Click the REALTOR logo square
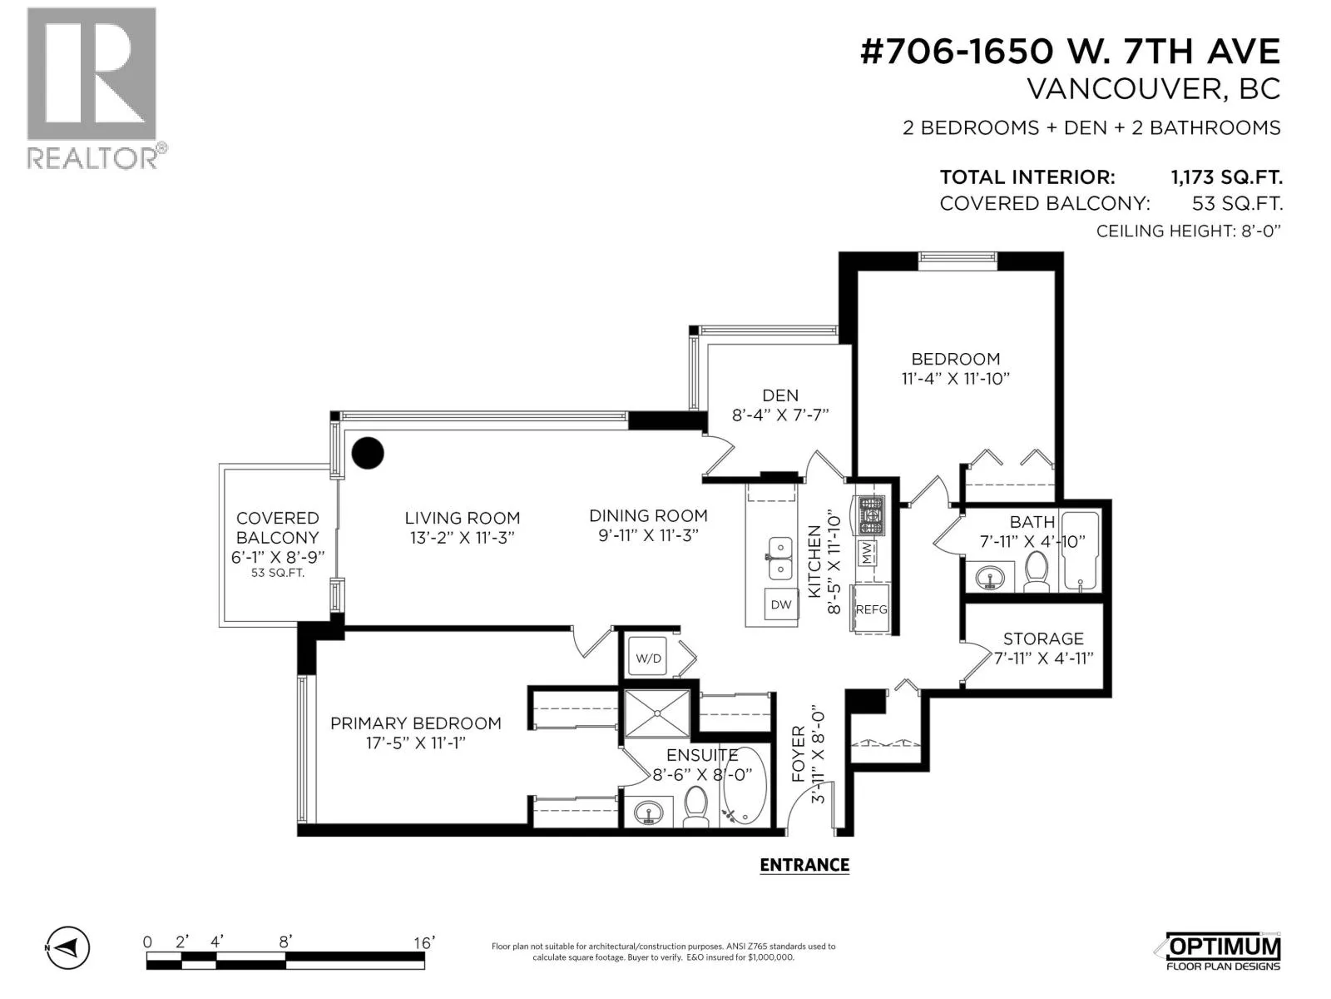pos(92,74)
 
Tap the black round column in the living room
pos(368,453)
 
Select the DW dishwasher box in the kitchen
pos(780,604)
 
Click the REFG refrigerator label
pos(871,609)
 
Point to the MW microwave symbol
pos(867,553)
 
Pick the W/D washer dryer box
pos(647,658)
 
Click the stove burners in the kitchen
pos(870,516)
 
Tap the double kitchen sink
pos(780,558)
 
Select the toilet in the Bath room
pos(1037,571)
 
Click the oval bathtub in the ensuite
pos(744,786)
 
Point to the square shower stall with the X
pos(657,713)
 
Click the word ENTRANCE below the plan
pos(804,865)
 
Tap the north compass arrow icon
pos(68,947)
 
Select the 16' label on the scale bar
pos(424,942)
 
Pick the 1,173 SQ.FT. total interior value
pos(1226,177)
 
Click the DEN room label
pos(780,395)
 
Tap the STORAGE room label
pos(1043,639)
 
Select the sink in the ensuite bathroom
pos(648,813)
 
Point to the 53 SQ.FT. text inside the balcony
pos(278,573)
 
